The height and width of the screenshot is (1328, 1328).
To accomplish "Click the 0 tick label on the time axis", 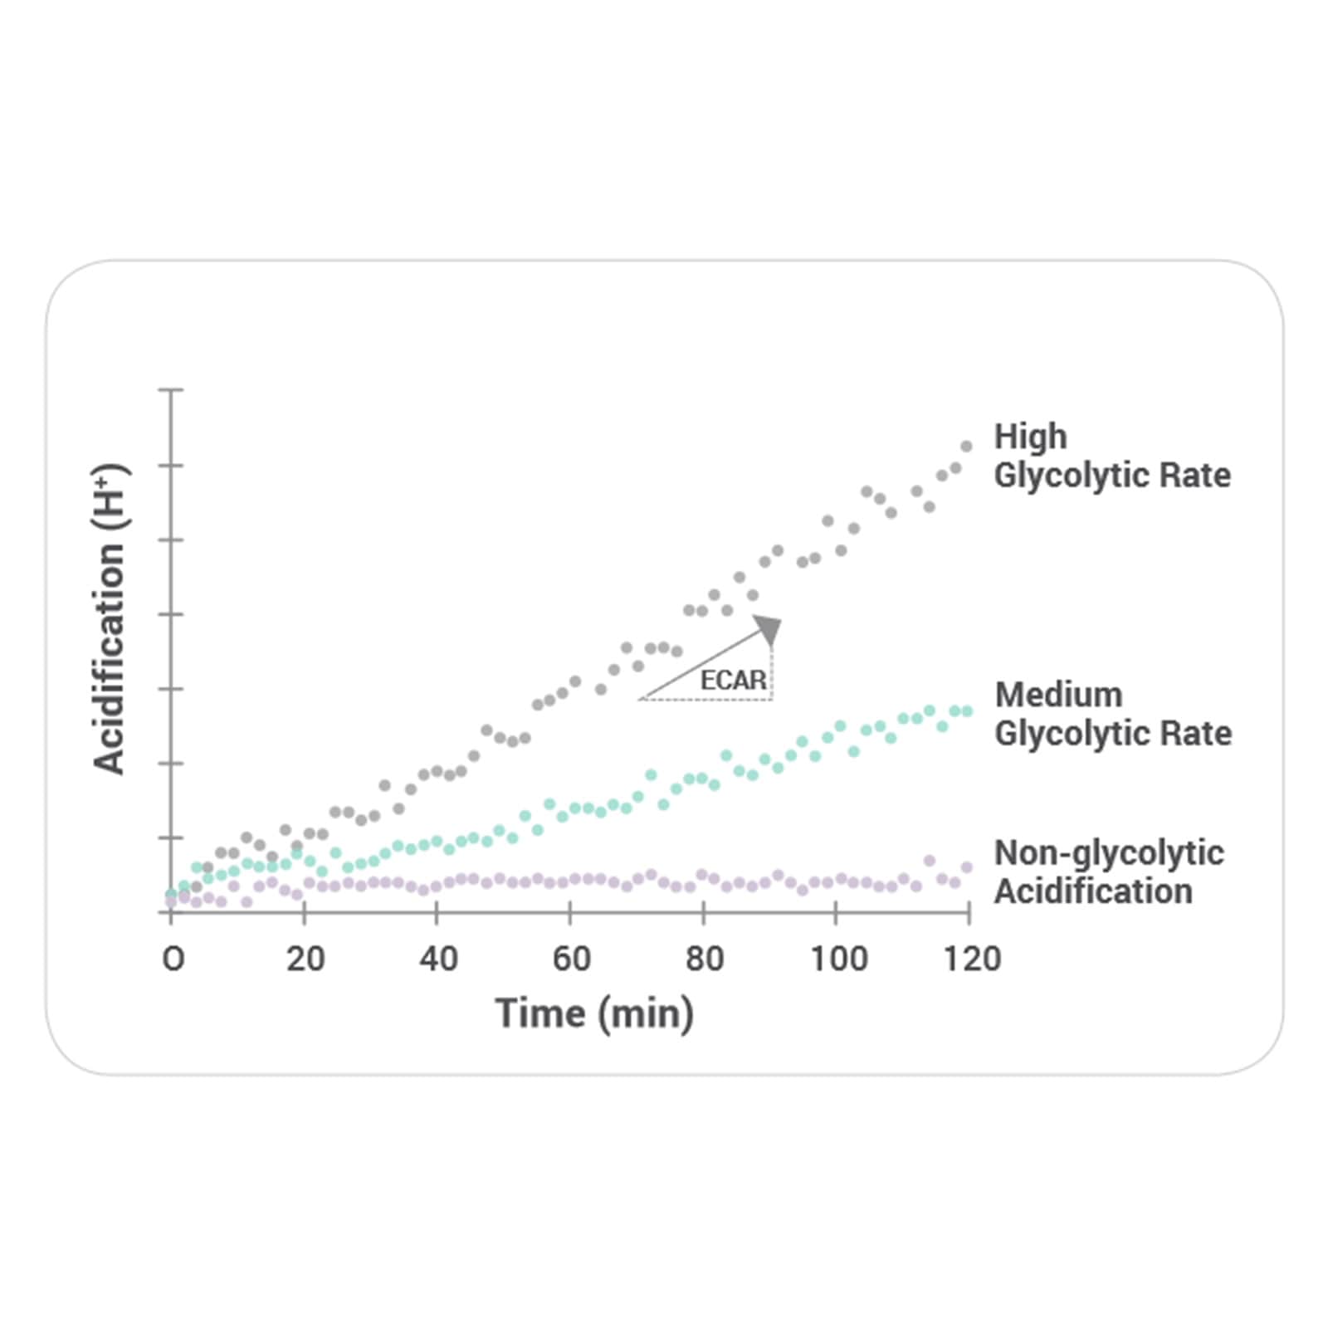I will (x=173, y=959).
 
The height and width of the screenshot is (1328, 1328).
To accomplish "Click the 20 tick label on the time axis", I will (x=305, y=959).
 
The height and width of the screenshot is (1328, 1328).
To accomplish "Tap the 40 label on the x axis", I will (x=438, y=959).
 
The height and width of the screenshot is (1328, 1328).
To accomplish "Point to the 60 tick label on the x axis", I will (x=571, y=959).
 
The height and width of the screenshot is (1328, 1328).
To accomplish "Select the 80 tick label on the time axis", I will (x=704, y=959).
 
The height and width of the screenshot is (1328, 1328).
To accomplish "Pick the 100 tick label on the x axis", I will (x=838, y=959).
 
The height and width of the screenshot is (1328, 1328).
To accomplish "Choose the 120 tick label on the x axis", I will (x=972, y=959).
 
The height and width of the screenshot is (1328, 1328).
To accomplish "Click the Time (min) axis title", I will (x=594, y=1014).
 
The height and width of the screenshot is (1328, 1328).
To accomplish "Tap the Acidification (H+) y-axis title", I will (x=110, y=619).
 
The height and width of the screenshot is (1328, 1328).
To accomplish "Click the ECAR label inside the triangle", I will (x=733, y=681).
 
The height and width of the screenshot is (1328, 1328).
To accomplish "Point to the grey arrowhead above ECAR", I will (x=769, y=629).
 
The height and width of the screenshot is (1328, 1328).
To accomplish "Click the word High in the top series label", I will (x=1030, y=437).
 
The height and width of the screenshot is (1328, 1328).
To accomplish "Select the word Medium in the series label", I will (x=1058, y=695).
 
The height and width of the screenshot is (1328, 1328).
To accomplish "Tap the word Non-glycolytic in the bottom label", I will (x=1109, y=853).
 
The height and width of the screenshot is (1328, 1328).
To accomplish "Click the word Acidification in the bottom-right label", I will (x=1093, y=891).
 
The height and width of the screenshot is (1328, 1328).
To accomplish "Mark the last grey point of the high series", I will (x=966, y=447).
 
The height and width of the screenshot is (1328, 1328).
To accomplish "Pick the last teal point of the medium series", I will (x=967, y=711).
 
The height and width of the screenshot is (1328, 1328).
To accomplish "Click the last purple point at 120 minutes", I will (x=967, y=867).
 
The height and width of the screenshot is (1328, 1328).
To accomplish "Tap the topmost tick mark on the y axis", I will (x=171, y=389).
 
